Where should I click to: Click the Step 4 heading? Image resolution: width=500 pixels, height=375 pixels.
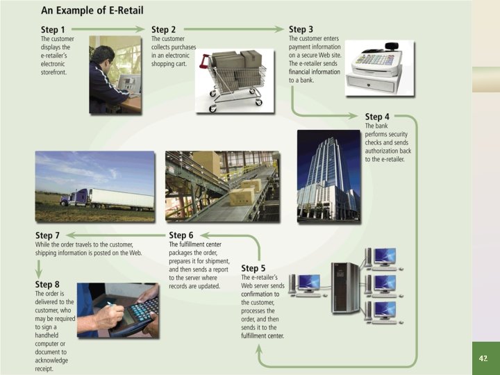(378, 117)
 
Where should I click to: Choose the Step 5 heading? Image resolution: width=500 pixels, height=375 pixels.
(253, 268)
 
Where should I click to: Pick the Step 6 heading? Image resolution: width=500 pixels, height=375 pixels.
(182, 235)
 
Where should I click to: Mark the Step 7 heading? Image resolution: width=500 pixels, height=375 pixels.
(48, 236)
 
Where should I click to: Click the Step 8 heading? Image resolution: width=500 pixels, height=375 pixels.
(48, 284)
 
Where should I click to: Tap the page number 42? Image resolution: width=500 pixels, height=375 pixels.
(484, 358)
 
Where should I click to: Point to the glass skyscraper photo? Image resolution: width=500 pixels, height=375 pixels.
(328, 175)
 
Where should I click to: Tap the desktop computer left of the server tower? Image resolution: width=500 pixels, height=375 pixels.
(306, 285)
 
